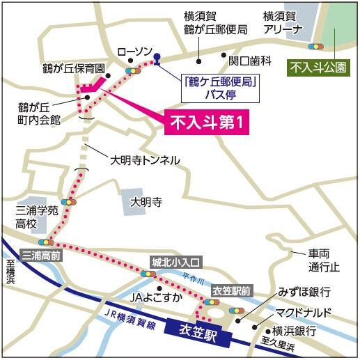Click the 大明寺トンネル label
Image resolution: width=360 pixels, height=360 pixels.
[x=145, y=161]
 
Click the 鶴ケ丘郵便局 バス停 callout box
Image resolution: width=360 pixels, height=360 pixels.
[x=221, y=86]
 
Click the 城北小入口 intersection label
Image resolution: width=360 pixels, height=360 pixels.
[x=176, y=262]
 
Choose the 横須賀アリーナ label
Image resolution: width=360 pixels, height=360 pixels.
[x=283, y=22]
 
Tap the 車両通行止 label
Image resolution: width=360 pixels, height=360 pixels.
[x=324, y=260]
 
